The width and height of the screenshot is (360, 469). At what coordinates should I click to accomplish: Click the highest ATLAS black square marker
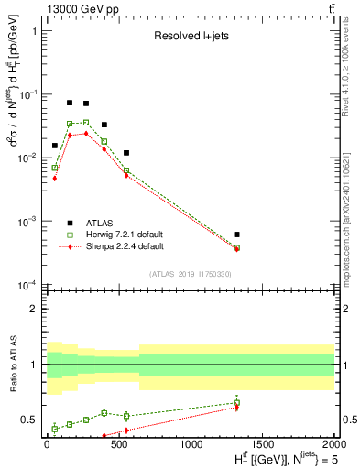point(70,103)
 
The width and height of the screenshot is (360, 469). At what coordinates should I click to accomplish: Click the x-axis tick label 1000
point(191,444)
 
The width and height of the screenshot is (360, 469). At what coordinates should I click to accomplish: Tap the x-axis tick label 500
point(119,444)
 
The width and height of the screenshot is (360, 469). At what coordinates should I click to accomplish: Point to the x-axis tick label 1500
point(262,444)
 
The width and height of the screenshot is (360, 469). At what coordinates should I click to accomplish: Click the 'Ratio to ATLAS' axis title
point(13,365)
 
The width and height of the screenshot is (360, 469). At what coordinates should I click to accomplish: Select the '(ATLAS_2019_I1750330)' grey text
point(191,274)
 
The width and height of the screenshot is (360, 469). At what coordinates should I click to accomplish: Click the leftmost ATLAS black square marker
point(55,146)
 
